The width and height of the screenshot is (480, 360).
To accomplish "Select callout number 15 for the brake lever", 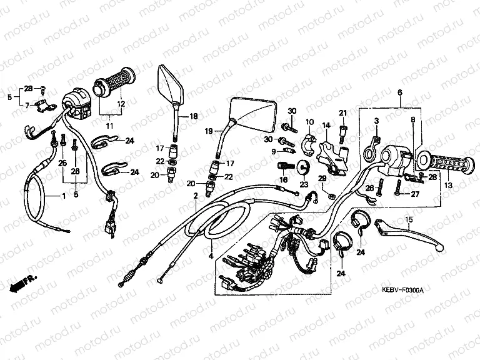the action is coord(409,220).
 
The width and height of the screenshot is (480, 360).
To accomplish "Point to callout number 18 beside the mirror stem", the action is coord(192,117).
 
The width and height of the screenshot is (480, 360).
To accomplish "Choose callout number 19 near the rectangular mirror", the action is coord(209,131).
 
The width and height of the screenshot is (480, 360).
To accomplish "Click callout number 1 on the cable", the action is coord(62,197).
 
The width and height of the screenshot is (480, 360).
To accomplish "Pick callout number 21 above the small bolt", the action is coord(342,112).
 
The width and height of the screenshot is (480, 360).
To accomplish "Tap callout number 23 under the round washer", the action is coord(304,185).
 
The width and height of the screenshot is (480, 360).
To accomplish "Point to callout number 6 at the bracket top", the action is coord(399,92).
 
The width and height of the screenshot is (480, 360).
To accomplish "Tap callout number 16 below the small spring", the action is coord(283,180).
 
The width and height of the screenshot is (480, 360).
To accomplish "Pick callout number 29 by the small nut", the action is coord(322,179).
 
